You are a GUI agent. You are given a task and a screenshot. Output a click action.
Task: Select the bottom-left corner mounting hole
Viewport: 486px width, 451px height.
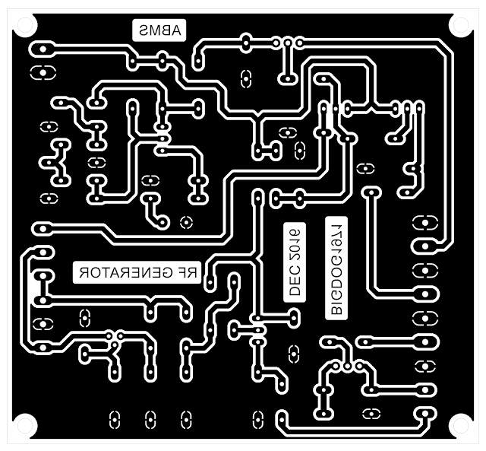24,426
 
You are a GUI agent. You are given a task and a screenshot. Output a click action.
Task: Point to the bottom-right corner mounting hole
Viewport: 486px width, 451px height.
460,426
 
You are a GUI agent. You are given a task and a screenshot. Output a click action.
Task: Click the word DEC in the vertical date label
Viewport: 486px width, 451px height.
294,284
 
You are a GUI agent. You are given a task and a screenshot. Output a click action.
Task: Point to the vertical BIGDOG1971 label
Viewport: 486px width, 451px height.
335,267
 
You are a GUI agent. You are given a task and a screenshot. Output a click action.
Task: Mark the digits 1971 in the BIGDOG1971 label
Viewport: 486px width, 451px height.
335,235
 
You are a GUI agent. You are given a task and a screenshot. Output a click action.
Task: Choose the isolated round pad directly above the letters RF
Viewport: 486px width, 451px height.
185,224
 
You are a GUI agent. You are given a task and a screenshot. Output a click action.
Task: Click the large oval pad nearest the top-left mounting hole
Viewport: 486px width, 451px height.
43,49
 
